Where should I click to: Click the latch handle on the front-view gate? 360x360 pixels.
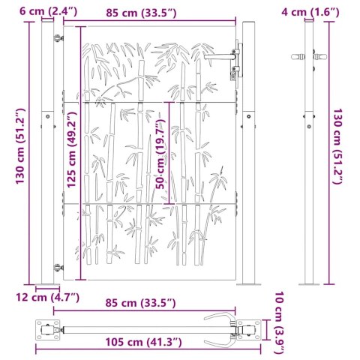pyautogui.click(x=226, y=58)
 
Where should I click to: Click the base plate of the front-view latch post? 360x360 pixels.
pyautogui.click(x=247, y=284)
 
